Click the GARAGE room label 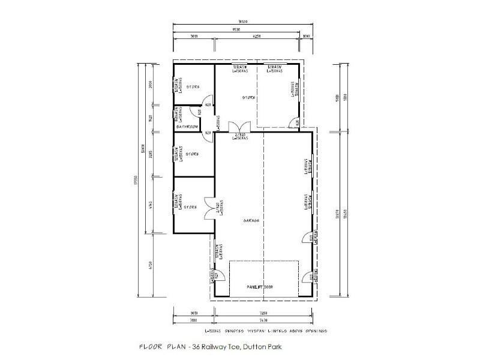pos(251,221)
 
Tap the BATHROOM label pos(187,127)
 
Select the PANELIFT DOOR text pos(260,287)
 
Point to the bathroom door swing pos(208,136)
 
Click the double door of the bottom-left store pos(208,207)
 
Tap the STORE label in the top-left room pos(193,87)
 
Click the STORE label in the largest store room pos(249,97)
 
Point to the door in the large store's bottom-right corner pos(294,122)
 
